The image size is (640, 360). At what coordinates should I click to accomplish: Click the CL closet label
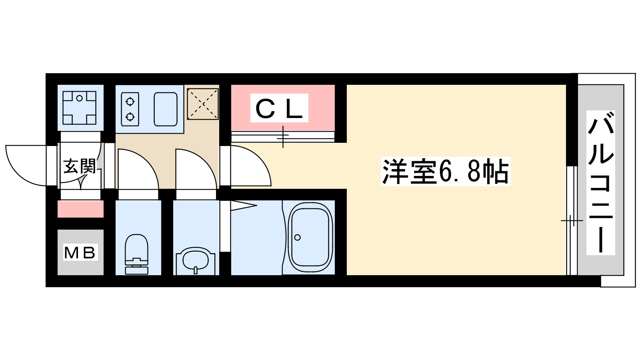[279, 108]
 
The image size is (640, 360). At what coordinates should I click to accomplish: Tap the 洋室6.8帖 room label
[445, 172]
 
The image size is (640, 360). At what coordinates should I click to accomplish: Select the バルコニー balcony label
[600, 182]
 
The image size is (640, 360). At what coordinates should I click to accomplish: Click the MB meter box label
[80, 252]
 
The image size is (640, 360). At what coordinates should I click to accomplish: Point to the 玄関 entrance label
[80, 166]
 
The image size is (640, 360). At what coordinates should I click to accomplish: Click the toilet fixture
[137, 254]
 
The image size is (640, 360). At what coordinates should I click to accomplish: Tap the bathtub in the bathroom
[310, 238]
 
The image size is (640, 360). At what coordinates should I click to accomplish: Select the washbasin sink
[196, 260]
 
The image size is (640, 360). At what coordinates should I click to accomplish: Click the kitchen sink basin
[166, 109]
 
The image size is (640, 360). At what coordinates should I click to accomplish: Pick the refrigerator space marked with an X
[203, 104]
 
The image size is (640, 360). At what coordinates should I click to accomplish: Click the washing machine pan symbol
[80, 108]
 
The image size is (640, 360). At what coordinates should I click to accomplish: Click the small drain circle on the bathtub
[297, 238]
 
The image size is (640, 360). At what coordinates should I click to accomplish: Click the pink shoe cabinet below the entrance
[80, 209]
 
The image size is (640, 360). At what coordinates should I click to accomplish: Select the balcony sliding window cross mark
[572, 220]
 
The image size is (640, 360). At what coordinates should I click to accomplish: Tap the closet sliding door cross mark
[283, 137]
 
